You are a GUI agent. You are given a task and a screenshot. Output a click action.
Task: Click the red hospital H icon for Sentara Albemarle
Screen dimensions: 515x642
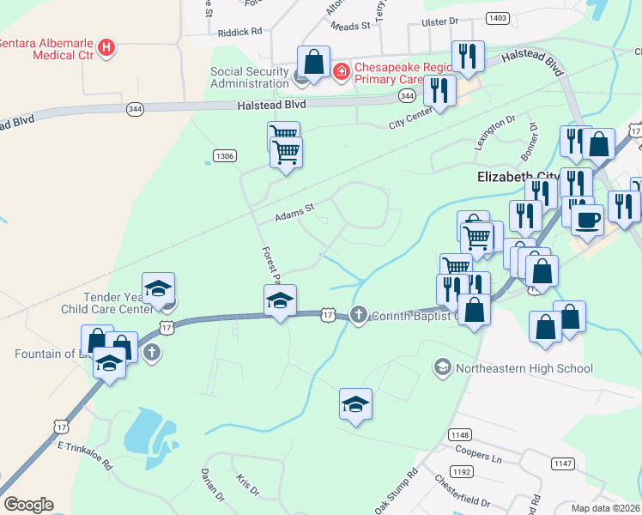click(106, 47)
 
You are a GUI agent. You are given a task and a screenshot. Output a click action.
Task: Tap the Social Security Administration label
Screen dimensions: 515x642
click(250, 77)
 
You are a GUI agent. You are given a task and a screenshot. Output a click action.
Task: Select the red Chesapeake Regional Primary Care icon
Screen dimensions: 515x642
click(342, 70)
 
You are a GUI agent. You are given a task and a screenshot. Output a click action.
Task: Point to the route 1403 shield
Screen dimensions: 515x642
click(497, 17)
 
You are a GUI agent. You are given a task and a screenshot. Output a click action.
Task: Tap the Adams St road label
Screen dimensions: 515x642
click(295, 212)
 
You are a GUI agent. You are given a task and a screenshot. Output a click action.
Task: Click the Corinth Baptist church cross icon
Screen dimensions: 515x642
click(359, 316)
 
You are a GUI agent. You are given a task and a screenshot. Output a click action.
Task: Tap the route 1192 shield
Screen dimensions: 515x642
click(463, 471)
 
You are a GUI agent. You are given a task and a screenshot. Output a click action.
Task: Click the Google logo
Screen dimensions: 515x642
click(28, 505)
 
